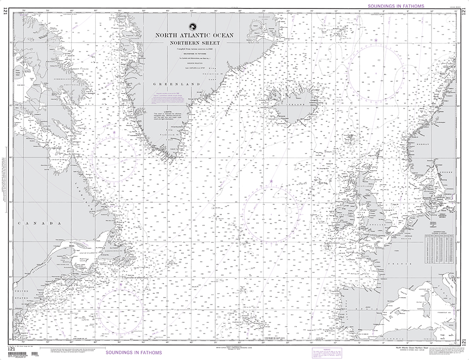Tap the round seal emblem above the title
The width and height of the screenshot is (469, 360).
pos(192,26)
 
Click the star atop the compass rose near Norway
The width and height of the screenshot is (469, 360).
pos(376,41)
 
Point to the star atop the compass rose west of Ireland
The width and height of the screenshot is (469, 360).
pos(271,181)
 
